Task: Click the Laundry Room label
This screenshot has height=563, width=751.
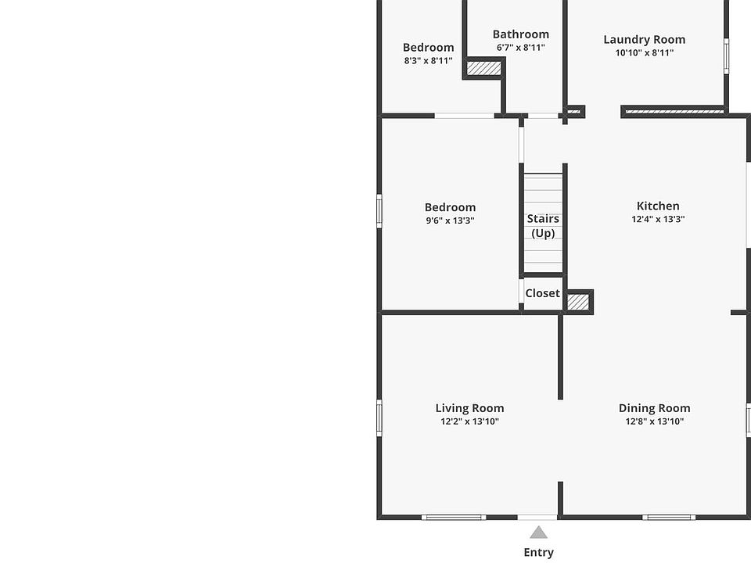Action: coord(644,40)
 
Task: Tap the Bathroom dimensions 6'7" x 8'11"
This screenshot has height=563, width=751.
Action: coord(521,48)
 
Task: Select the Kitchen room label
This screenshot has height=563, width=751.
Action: coord(658,206)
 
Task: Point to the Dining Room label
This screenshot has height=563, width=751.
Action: coord(654,408)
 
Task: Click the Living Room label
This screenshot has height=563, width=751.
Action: coord(469,408)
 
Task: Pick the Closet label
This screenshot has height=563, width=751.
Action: coord(542,293)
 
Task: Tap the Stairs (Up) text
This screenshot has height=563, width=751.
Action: coord(543,226)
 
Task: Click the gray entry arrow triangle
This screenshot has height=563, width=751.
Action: coord(538,533)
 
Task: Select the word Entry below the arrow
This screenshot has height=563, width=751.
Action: coord(538,553)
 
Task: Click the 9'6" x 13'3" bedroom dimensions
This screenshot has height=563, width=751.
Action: coord(450,221)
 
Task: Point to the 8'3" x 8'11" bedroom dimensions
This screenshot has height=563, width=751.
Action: coord(428,61)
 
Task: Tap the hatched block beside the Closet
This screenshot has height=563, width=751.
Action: coord(578,302)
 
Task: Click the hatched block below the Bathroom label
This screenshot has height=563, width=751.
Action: coord(484,68)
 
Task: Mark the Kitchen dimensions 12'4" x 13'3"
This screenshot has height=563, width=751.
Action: coord(658,219)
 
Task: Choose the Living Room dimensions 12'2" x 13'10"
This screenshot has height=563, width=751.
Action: coord(469,421)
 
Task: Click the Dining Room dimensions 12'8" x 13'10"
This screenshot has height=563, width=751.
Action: coord(654,421)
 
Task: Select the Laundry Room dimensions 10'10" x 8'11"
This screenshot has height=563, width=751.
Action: coord(644,52)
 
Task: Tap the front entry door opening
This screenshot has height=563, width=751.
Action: coord(537,517)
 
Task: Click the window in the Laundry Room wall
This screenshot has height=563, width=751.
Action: coord(726,56)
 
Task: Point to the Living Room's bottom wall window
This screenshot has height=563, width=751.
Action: coord(454,517)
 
